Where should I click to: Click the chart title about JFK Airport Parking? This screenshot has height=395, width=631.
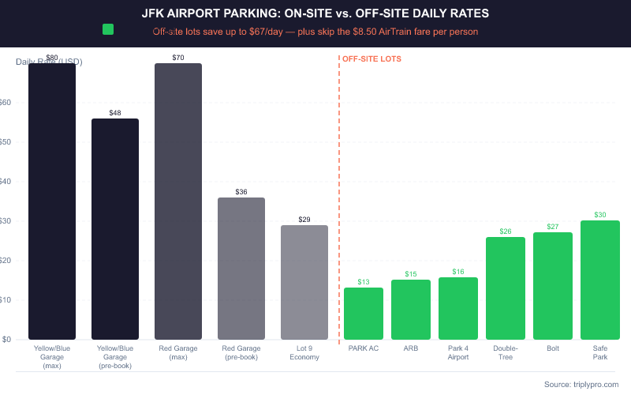(x=315, y=13)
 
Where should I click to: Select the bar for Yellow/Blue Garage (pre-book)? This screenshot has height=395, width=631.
(x=115, y=229)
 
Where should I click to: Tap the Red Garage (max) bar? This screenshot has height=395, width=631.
(x=178, y=201)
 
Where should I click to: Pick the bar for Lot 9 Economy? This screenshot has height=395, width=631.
(x=304, y=282)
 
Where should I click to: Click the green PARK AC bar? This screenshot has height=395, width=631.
(x=364, y=314)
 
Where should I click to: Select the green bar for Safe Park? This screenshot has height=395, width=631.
(x=600, y=280)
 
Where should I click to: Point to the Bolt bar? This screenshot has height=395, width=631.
(x=553, y=286)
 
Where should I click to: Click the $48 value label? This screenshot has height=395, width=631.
(x=115, y=113)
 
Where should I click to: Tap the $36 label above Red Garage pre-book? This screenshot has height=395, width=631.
(x=241, y=192)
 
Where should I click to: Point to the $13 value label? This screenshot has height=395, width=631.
(x=364, y=282)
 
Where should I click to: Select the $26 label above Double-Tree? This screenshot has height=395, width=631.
(x=506, y=231)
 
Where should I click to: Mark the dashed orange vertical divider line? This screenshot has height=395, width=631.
(x=339, y=197)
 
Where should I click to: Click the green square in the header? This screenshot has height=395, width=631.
(x=108, y=29)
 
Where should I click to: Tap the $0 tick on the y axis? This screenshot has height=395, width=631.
(x=6, y=340)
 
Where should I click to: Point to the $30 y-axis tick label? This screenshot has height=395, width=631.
(x=6, y=221)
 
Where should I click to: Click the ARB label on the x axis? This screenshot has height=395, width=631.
(x=411, y=348)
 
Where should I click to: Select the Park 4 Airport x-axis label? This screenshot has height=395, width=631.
(x=458, y=352)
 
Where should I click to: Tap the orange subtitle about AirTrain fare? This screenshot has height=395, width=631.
(x=315, y=32)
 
